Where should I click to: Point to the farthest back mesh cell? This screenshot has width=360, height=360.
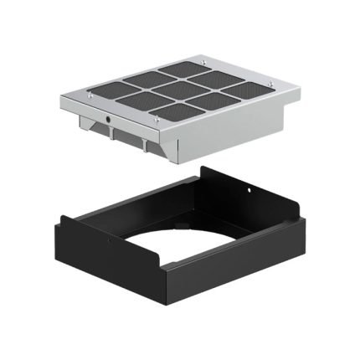182,70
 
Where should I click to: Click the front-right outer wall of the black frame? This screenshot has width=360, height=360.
234,268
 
